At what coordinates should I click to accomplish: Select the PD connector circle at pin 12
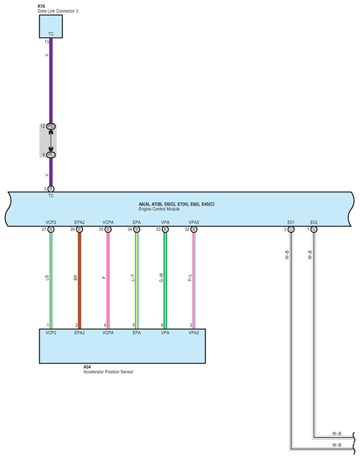point(51,126)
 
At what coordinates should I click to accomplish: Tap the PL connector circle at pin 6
point(51,155)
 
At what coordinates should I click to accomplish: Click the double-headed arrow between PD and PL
point(51,140)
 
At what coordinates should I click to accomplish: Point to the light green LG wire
point(51,279)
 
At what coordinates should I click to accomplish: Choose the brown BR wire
point(79,279)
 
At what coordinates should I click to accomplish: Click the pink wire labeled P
point(108,279)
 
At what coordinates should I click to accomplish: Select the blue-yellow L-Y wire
point(137,279)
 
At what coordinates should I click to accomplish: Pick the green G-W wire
point(165,279)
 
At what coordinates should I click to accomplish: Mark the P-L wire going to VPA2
point(193,279)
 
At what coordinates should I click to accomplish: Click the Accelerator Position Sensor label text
point(108,372)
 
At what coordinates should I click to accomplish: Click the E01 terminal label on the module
point(291,222)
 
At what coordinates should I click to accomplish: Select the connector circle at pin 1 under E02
point(314,229)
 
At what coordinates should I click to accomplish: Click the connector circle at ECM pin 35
point(108,229)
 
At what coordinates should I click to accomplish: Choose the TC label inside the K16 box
point(51,34)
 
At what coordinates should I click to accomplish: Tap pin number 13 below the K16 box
point(47,42)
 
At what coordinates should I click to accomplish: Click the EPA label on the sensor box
point(137,332)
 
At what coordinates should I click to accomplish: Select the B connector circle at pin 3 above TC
point(51,189)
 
